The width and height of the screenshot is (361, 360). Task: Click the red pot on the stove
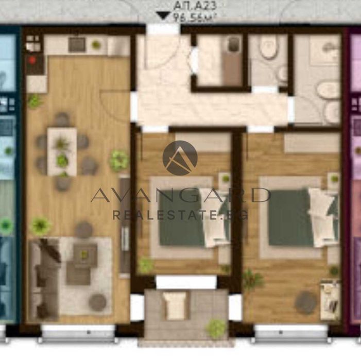(33, 60)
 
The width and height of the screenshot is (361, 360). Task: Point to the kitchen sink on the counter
(78, 45)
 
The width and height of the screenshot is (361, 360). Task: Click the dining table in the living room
(62, 151)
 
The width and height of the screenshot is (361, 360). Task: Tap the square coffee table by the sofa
(85, 253)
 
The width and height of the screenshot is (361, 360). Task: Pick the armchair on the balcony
(176, 306)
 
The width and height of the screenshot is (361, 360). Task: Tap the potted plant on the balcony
(216, 327)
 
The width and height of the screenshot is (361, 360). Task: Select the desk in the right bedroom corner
(330, 299)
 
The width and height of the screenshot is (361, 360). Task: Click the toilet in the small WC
(268, 49)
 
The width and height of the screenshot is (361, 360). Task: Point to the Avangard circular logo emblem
(180, 158)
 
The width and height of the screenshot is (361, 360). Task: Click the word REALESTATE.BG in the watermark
(180, 215)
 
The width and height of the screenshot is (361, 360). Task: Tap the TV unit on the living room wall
(124, 227)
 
